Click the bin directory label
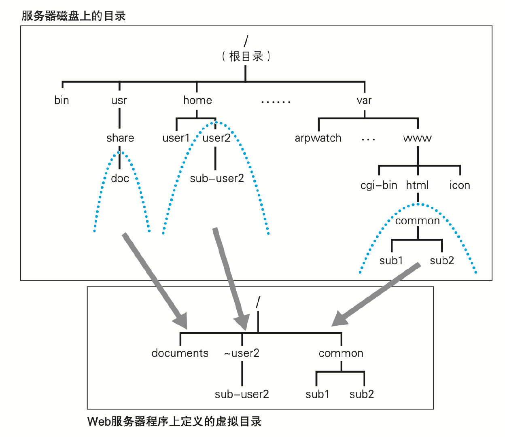[62, 100]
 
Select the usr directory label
[119, 100]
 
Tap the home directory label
[197, 100]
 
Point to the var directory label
[364, 100]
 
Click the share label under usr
[120, 138]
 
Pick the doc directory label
[120, 178]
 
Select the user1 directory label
[176, 138]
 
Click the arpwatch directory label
[318, 138]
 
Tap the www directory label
[418, 138]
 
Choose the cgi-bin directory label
[379, 185]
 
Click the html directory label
[417, 185]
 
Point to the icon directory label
[460, 185]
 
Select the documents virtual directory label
[180, 353]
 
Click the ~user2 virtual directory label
[242, 353]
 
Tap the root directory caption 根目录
[246, 56]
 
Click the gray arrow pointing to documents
[154, 279]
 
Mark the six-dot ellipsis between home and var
[276, 102]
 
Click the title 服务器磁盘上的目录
[74, 16]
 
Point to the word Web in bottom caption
[99, 422]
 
